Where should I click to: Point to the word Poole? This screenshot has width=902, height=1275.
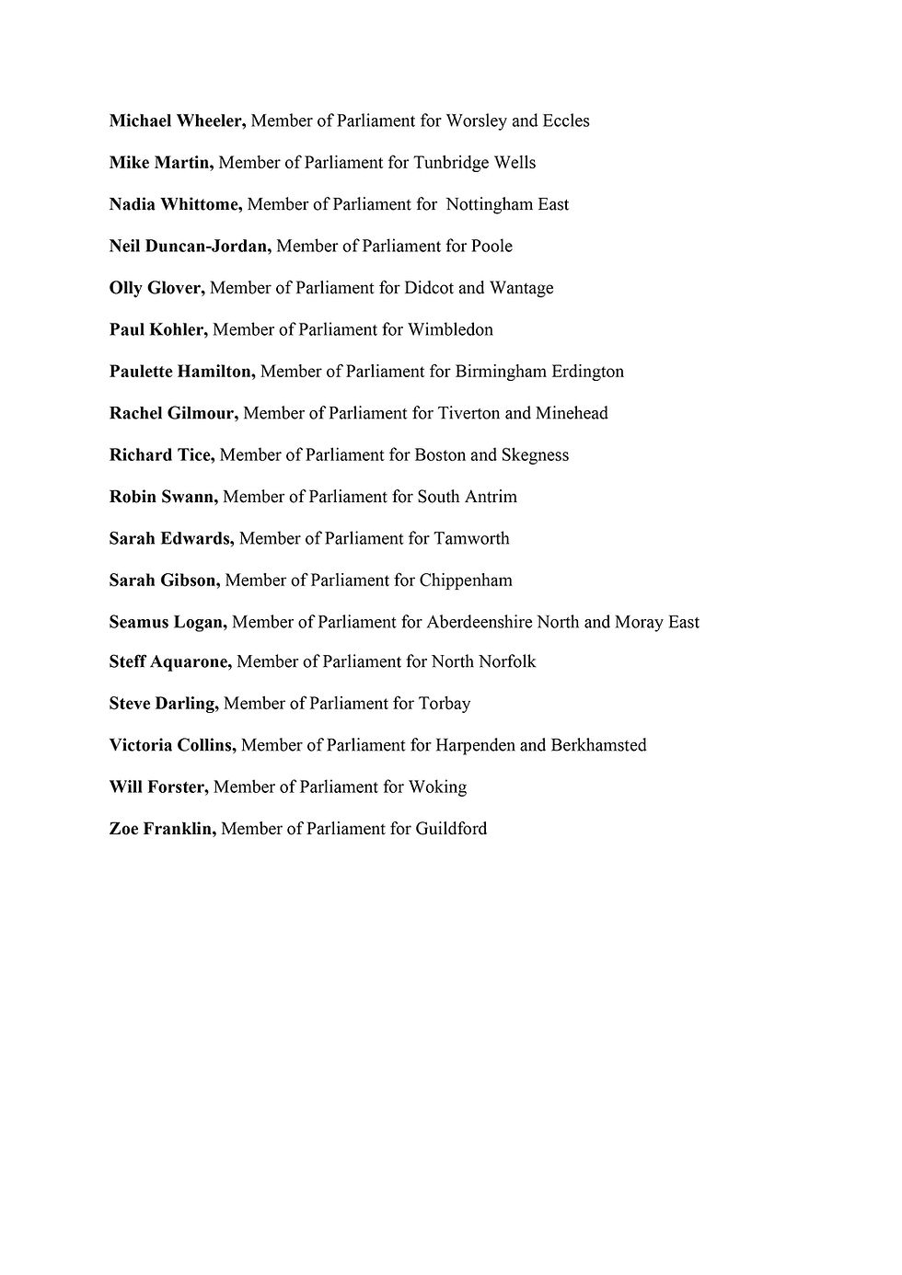tap(491, 246)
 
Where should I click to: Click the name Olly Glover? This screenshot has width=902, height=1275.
tap(157, 288)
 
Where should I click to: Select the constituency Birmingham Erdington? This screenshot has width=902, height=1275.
tap(539, 372)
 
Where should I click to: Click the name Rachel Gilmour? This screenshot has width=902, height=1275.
tap(174, 413)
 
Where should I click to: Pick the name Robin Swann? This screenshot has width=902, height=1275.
tap(164, 497)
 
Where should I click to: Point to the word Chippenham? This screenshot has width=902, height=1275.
tap(466, 580)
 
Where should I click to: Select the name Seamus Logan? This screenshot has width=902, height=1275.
tap(168, 622)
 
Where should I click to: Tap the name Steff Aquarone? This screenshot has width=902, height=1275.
tap(170, 661)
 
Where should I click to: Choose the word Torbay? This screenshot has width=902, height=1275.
tap(445, 704)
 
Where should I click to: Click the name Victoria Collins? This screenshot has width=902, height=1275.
tap(173, 745)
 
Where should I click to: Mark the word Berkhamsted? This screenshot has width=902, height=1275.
tap(598, 745)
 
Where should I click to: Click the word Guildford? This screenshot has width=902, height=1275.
tap(451, 829)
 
